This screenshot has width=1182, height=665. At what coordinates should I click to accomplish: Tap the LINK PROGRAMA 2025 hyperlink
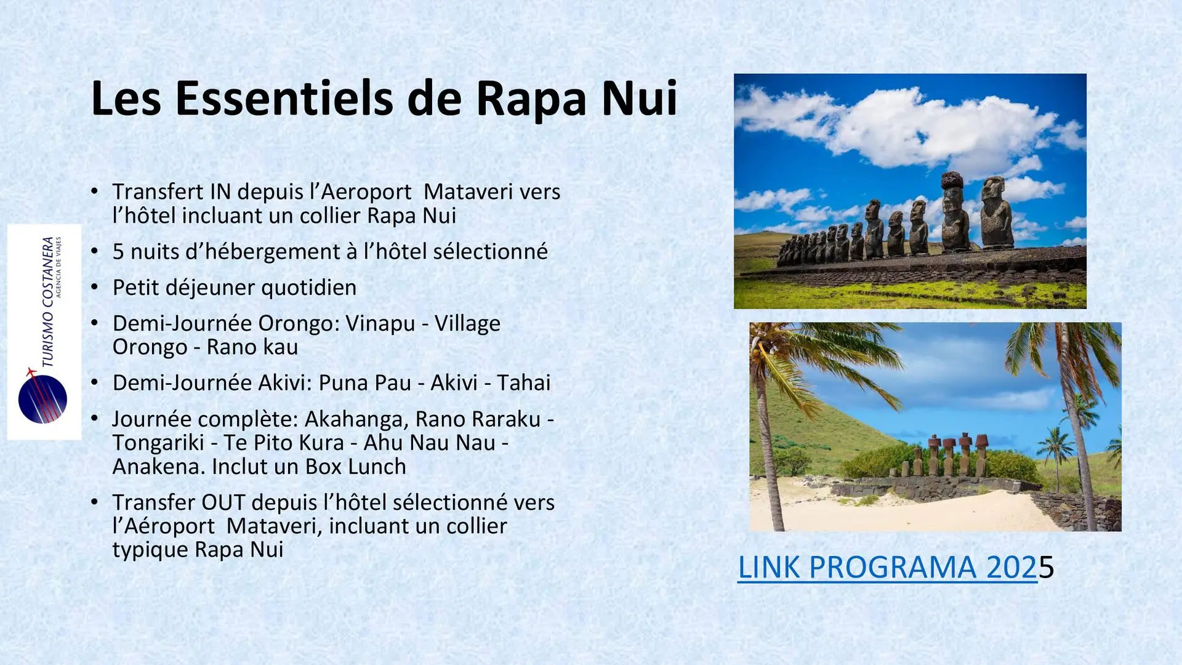pyautogui.click(x=896, y=568)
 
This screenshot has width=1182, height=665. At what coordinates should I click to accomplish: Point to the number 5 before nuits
pyautogui.click(x=118, y=252)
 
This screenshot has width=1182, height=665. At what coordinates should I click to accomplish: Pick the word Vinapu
pyautogui.click(x=380, y=324)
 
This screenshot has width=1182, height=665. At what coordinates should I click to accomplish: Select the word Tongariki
pyautogui.click(x=158, y=443)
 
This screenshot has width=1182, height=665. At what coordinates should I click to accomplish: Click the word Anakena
pyautogui.click(x=159, y=467)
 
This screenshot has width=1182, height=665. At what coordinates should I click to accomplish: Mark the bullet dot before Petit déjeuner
pyautogui.click(x=94, y=288)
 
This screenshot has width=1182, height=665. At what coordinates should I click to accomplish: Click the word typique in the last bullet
pyautogui.click(x=150, y=550)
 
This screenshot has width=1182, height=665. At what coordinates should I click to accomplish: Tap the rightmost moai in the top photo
pyautogui.click(x=994, y=213)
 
